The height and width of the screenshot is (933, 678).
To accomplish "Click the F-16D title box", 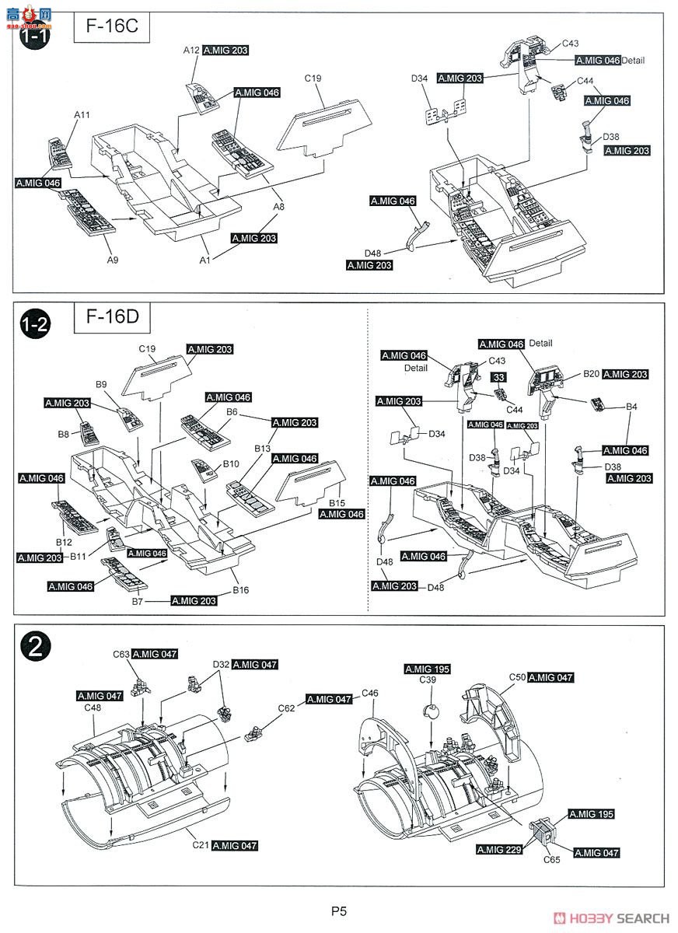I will [x=110, y=319].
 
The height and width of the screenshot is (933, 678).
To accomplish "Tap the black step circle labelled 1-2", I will [x=34, y=324].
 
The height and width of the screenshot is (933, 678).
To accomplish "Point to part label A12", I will [x=191, y=50].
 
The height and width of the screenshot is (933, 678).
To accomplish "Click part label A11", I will [x=82, y=115].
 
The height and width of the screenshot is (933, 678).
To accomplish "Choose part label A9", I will [x=114, y=260].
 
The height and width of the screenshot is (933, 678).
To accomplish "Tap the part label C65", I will [x=551, y=860].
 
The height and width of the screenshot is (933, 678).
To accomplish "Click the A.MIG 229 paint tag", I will [x=502, y=851].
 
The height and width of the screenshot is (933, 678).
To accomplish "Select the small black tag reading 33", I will [x=498, y=377].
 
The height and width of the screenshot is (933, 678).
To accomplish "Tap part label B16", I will [x=240, y=591].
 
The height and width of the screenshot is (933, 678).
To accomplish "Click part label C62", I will [x=287, y=708].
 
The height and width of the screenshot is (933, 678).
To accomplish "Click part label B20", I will [x=592, y=374].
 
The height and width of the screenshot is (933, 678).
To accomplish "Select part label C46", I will [x=370, y=693].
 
